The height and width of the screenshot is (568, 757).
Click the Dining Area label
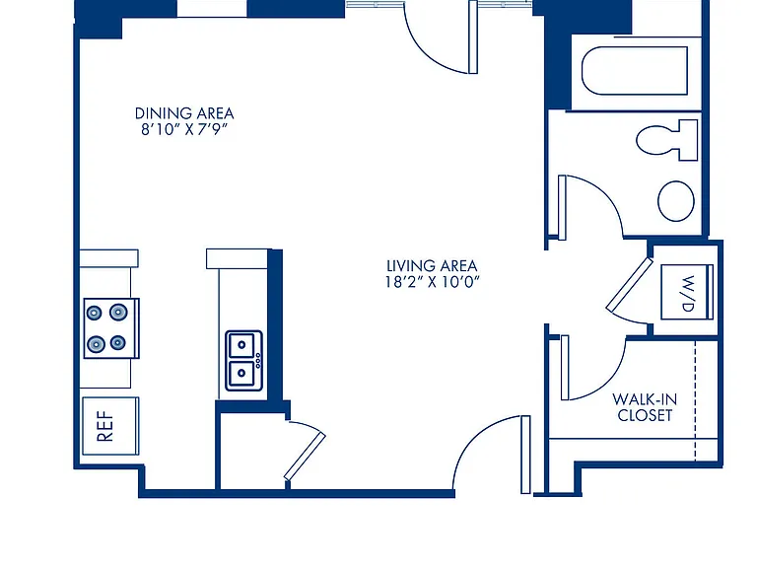(184, 113)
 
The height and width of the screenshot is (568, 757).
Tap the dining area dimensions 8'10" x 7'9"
(184, 129)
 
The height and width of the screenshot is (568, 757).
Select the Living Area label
(432, 265)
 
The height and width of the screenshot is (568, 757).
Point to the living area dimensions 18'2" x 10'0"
(432, 282)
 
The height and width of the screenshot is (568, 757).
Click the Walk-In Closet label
(645, 407)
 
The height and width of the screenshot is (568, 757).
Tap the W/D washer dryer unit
(687, 292)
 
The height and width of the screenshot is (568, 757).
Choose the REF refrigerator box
(110, 426)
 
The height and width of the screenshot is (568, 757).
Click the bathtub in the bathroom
(635, 71)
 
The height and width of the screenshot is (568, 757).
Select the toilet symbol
(666, 140)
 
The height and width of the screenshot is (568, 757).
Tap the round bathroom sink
(676, 201)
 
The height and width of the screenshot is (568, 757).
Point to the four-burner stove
(111, 328)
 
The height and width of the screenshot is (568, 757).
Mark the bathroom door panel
(562, 208)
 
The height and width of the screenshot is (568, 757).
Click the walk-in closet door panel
(565, 368)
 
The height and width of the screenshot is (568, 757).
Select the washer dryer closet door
(630, 284)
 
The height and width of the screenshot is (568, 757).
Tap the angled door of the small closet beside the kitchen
(305, 456)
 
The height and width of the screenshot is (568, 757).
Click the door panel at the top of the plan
(473, 36)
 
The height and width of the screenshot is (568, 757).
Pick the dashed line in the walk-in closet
(695, 401)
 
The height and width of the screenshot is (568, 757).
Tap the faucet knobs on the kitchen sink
(258, 361)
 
